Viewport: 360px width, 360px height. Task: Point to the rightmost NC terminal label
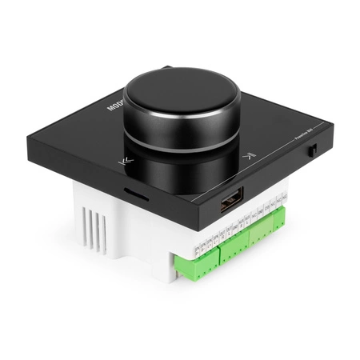coord(284,196)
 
